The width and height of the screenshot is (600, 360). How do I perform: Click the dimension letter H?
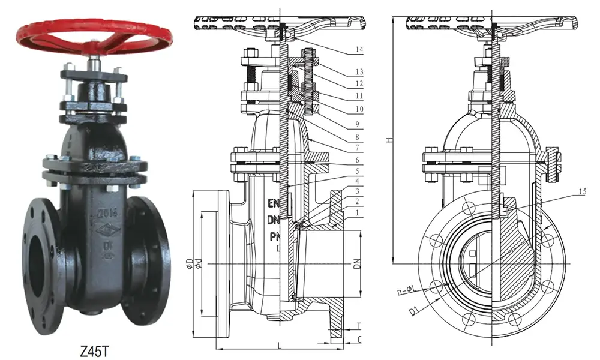click(388, 140)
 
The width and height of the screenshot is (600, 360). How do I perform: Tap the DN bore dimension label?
click(358, 264)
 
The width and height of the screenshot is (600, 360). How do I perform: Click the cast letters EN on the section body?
click(273, 203)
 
